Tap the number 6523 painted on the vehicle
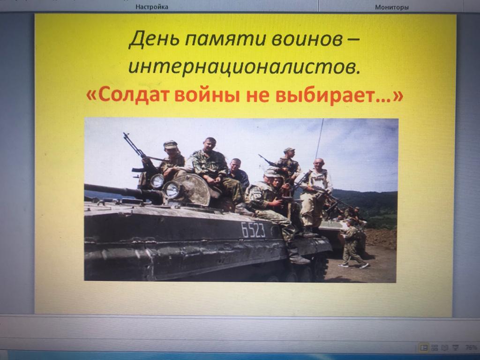pyautogui.click(x=253, y=230)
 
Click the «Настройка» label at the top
pyautogui.click(x=152, y=7)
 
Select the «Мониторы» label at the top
pyautogui.click(x=392, y=7)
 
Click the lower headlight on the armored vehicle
pyautogui.click(x=172, y=190)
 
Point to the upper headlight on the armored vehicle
pyautogui.click(x=157, y=181)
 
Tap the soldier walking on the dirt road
pyautogui.click(x=352, y=244)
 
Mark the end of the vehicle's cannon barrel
pyautogui.click(x=86, y=187)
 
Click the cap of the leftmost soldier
pyautogui.click(x=170, y=144)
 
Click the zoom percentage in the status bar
pyautogui.click(x=471, y=347)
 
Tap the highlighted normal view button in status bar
pyautogui.click(x=424, y=347)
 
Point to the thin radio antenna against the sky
pyautogui.click(x=319, y=139)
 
